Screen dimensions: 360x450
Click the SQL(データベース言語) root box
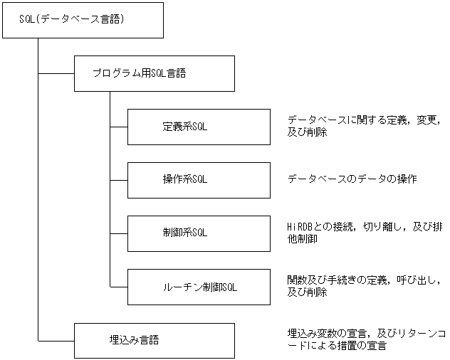[x=83, y=20]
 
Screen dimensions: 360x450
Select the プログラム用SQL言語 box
[x=154, y=73]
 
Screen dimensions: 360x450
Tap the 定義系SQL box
[x=198, y=127]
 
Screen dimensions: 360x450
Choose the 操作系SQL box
[x=198, y=179]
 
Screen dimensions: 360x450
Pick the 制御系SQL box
[x=198, y=233]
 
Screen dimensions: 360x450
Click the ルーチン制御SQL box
[x=198, y=287]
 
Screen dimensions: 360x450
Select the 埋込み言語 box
[x=154, y=340]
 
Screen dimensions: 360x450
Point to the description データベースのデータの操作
[x=352, y=179]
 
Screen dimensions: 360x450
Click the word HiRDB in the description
[x=299, y=227]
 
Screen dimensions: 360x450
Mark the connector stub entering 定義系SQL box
[x=118, y=127]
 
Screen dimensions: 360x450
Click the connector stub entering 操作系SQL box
[x=118, y=179]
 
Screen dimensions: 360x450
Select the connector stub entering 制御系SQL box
[x=118, y=233]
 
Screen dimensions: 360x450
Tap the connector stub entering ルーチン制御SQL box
[x=118, y=287]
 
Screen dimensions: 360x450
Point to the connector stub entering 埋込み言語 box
[x=56, y=340]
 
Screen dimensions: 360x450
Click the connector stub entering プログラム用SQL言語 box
[x=56, y=73]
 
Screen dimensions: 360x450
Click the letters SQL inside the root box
[x=27, y=20]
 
